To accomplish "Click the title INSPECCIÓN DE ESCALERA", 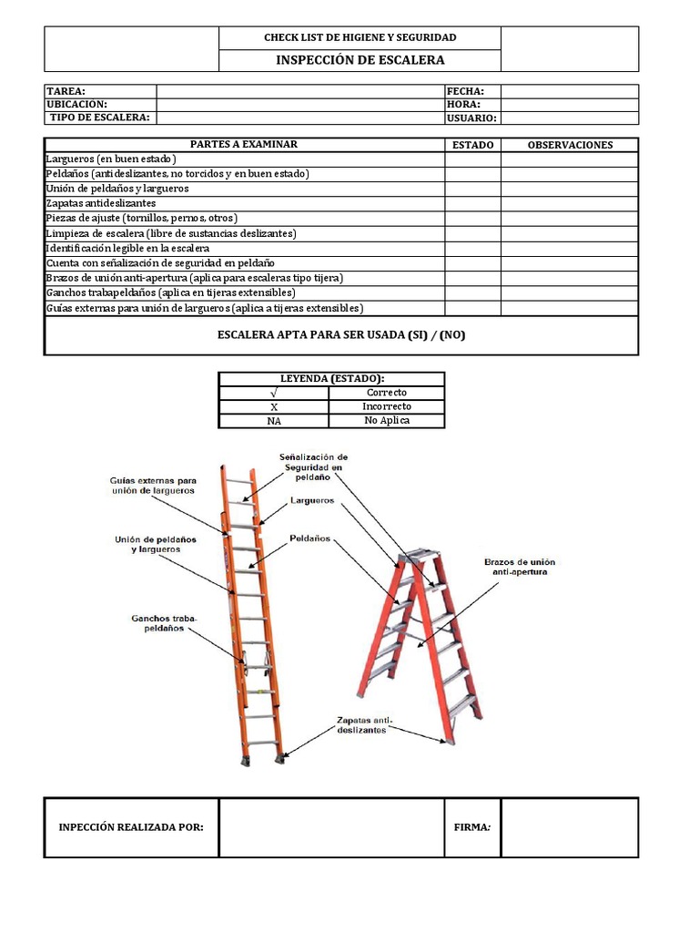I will pyautogui.click(x=360, y=60).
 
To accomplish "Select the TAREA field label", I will pyautogui.click(x=66, y=91).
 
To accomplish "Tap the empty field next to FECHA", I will pyautogui.click(x=569, y=91).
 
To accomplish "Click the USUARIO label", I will pyautogui.click(x=471, y=118).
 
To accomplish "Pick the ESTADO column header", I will pyautogui.click(x=472, y=145).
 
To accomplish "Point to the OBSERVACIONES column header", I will pyautogui.click(x=570, y=145).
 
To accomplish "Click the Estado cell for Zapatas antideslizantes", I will pyautogui.click(x=472, y=203).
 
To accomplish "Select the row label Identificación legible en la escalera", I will pyautogui.click(x=128, y=248).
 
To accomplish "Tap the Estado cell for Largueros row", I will pyautogui.click(x=472, y=159).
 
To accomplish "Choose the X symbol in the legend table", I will pyautogui.click(x=273, y=406).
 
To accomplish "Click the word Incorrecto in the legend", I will pyautogui.click(x=388, y=406).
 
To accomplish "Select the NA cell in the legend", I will pyautogui.click(x=273, y=421).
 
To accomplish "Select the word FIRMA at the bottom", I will pyautogui.click(x=471, y=827).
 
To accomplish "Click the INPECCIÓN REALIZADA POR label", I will pyautogui.click(x=131, y=827).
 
